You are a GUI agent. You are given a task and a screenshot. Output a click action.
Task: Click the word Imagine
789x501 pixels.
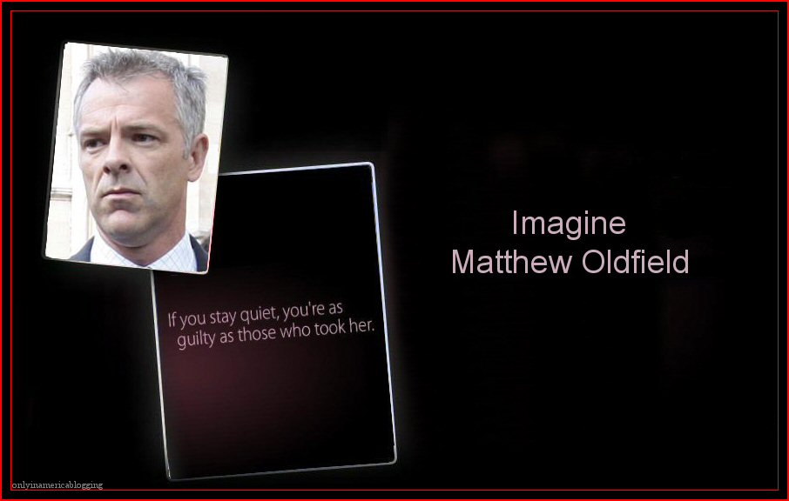coord(568,224)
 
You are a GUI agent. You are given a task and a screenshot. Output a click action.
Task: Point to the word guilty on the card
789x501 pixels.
coord(196,339)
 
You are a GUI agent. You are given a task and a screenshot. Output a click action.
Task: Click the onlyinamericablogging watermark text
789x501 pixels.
coord(57,485)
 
